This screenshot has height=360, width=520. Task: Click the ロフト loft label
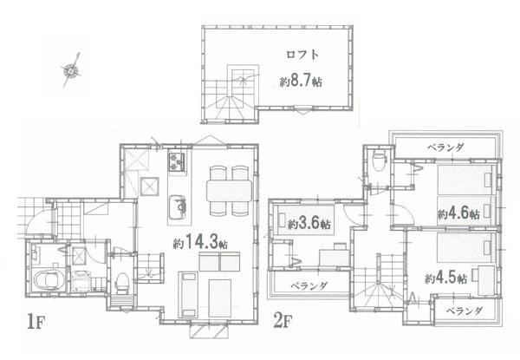pos(302,55)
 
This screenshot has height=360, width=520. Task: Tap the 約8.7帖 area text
pos(301,81)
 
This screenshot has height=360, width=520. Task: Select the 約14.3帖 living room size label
pos(200,243)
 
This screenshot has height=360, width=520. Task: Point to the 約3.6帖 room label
pos(309,224)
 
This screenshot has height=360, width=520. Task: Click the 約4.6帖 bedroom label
pos(458,213)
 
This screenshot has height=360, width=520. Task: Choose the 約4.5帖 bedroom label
pos(446,278)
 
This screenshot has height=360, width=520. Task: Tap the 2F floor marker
pos(283,320)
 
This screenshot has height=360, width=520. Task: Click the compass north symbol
pos(71,70)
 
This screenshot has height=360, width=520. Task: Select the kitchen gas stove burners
pos(177,162)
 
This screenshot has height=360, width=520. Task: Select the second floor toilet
pos(379,161)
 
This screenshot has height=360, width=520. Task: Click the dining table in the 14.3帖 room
pos(229,191)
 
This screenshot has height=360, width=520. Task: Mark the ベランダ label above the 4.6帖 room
pos(445,147)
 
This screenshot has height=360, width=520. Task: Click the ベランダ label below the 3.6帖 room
pos(309,285)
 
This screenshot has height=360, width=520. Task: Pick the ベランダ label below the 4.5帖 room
pos(465,311)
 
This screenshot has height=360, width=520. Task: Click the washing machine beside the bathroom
pos(80,281)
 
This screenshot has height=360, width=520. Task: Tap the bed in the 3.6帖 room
pos(305,220)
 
